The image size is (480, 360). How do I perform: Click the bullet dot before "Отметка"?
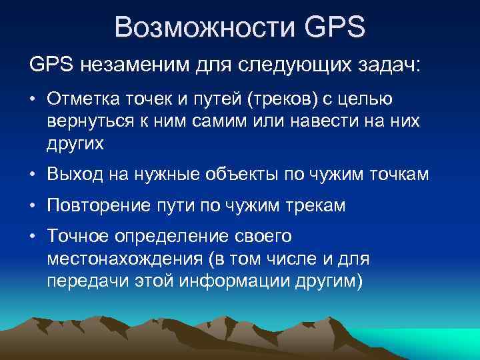(x=33, y=100)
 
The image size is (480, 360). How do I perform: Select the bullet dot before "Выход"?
(x=33, y=175)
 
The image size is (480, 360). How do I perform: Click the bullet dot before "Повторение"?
(x=33, y=207)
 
